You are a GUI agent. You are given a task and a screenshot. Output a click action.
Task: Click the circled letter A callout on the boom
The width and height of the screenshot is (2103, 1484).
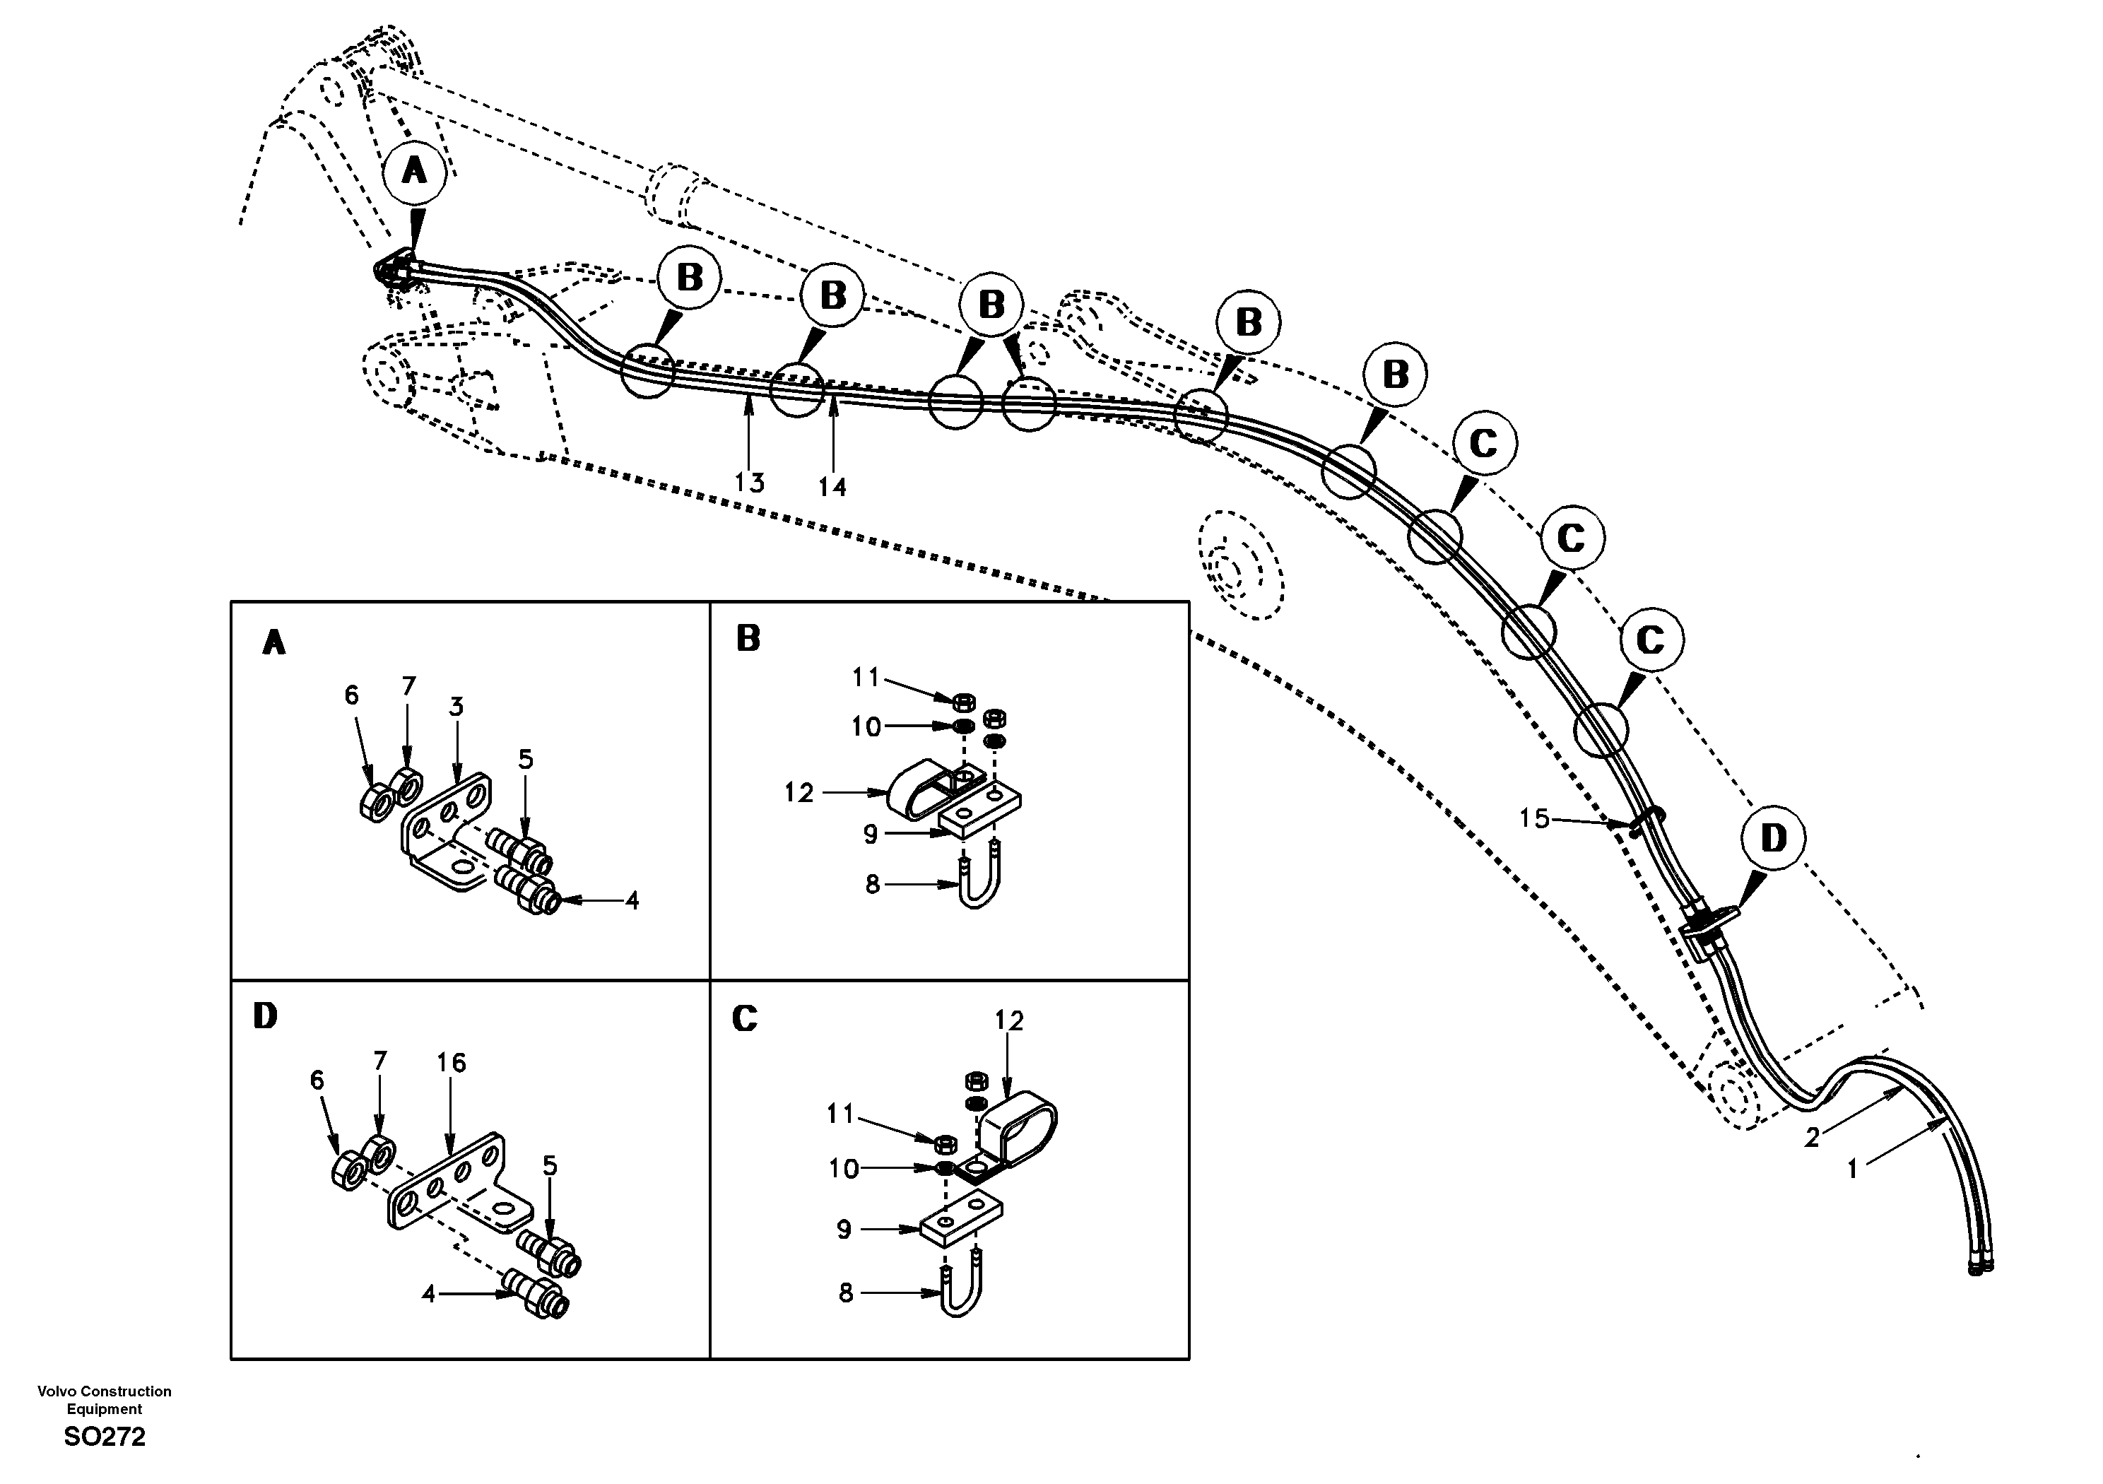(x=414, y=170)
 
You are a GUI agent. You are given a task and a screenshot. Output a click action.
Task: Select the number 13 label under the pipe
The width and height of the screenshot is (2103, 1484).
(x=749, y=482)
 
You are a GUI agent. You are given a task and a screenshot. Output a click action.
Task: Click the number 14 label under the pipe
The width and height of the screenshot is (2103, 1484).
(x=832, y=486)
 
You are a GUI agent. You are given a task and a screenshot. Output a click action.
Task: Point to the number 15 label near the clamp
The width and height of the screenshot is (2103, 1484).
(x=1534, y=818)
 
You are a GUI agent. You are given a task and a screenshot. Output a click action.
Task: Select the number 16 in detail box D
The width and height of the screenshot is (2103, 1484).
(x=451, y=1063)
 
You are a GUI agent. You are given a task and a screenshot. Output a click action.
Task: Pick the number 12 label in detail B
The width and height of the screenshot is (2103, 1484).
(x=799, y=792)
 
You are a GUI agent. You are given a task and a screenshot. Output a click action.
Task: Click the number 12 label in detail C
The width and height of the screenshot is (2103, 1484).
(x=1008, y=1020)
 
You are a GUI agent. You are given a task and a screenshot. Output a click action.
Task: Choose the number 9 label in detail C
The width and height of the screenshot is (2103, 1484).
(x=844, y=1230)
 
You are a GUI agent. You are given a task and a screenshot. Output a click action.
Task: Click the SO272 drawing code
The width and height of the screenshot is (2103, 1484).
(x=105, y=1437)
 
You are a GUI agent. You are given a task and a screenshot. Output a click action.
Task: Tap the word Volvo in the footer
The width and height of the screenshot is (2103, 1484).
(x=57, y=1391)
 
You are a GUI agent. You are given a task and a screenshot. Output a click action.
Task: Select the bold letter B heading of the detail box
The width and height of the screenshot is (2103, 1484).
(x=748, y=639)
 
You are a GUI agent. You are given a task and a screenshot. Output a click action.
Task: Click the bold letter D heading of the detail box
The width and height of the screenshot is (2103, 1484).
(x=265, y=1016)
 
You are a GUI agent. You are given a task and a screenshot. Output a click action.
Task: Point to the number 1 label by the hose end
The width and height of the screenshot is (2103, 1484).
(x=1851, y=1169)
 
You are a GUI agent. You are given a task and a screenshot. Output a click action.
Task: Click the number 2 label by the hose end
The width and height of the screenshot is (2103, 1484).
(x=1811, y=1138)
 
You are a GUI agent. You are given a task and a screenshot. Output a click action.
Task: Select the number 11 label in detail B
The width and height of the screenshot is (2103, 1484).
(x=865, y=677)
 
